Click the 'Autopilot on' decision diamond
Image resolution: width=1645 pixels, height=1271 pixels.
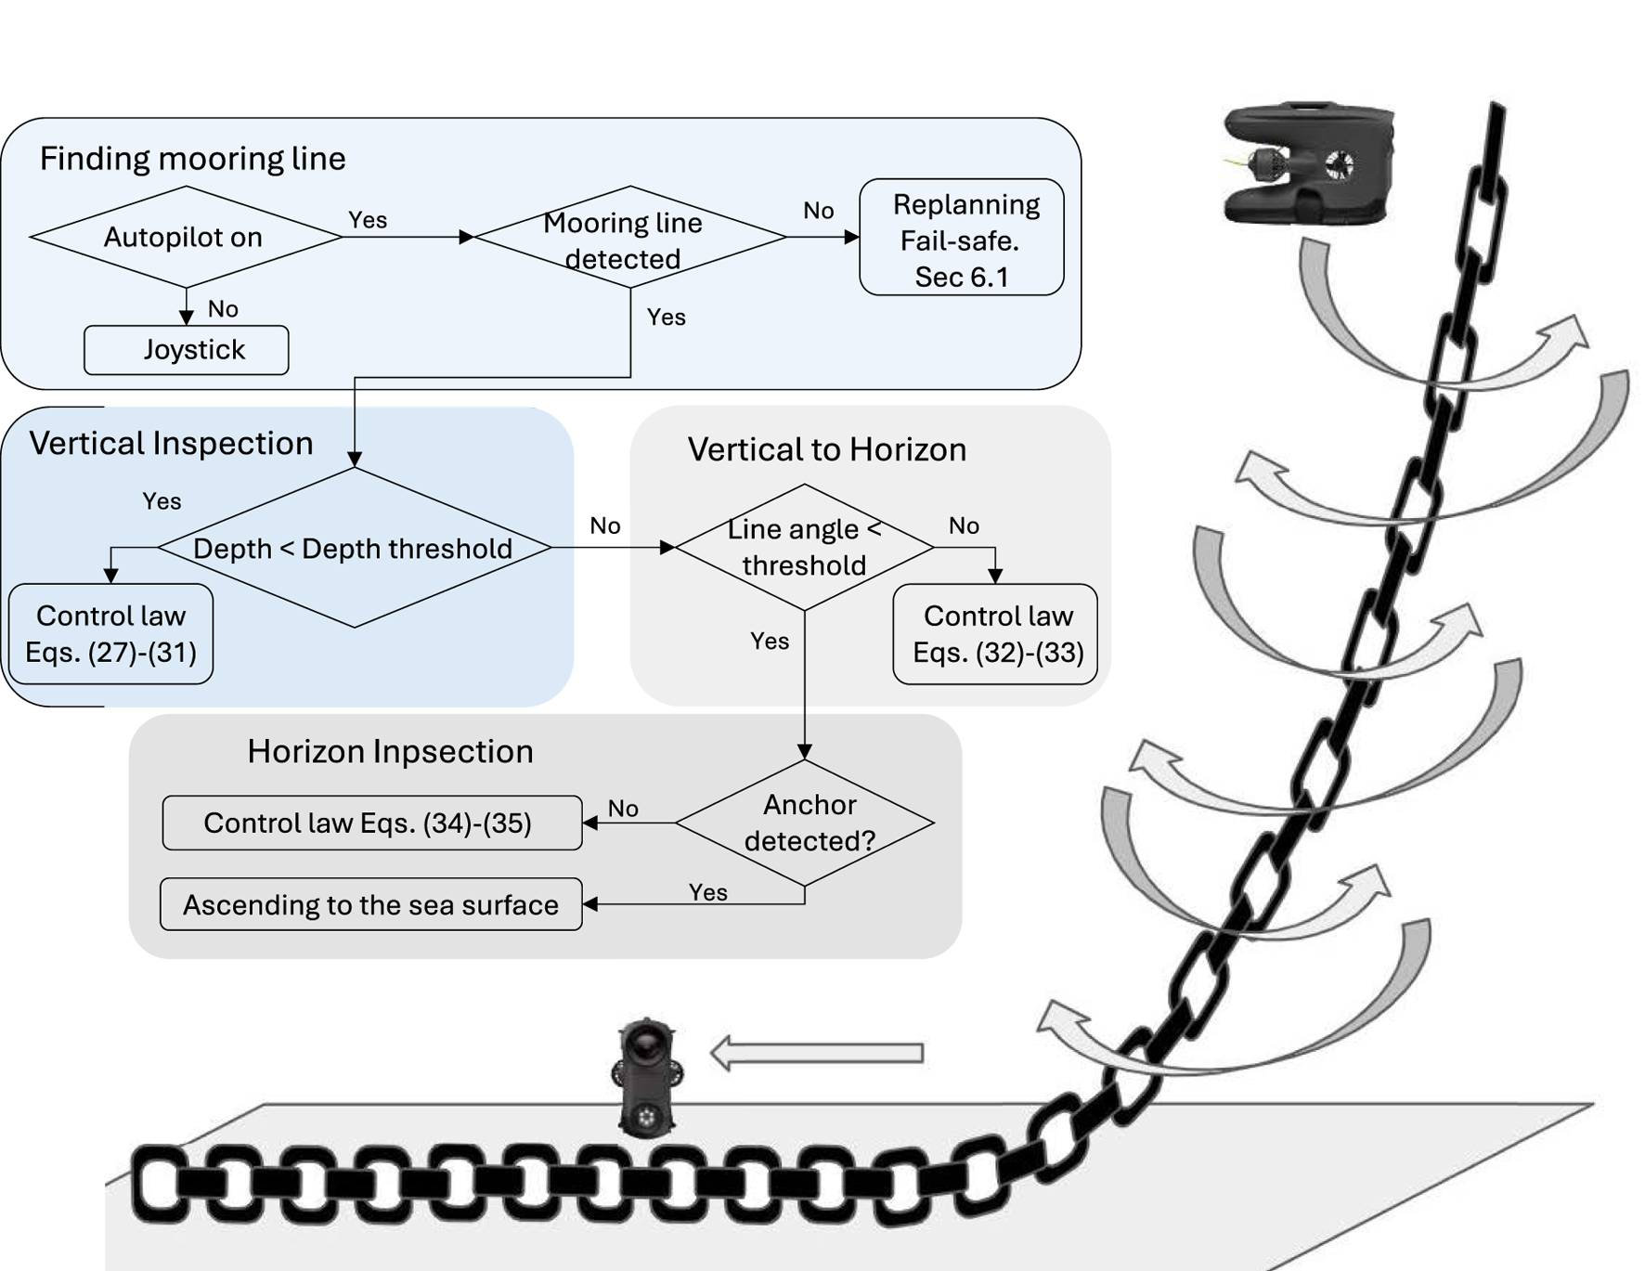tap(186, 237)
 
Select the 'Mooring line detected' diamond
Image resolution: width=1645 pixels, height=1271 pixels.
tap(630, 237)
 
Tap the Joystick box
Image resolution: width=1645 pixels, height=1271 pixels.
tap(187, 350)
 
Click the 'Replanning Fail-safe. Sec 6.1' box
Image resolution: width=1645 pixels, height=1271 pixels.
tap(962, 238)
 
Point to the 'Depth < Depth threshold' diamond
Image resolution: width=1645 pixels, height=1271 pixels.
tap(355, 548)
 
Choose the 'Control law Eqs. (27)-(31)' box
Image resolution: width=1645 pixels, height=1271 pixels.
tap(110, 634)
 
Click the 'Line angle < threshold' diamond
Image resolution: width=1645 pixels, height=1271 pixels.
tap(805, 548)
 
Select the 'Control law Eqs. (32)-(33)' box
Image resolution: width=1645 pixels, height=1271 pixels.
tap(995, 634)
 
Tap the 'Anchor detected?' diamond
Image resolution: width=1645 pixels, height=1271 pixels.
tap(805, 823)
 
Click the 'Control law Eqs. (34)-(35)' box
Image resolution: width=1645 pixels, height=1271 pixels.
tap(372, 823)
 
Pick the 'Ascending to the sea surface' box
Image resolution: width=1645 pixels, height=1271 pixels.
tap(371, 904)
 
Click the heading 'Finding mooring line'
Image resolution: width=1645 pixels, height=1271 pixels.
tap(192, 159)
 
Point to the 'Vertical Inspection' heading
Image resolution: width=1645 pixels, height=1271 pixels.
tap(171, 444)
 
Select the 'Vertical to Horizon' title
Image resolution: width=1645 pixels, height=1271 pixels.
tap(827, 449)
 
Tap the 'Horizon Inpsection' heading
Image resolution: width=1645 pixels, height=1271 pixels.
tap(391, 751)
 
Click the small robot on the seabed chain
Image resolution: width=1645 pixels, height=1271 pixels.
tap(647, 1078)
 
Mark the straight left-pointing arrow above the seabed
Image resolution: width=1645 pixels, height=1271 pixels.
tap(817, 1053)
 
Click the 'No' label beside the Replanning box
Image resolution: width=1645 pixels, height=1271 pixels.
tap(819, 211)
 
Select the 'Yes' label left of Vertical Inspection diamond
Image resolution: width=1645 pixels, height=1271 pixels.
tap(162, 501)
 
